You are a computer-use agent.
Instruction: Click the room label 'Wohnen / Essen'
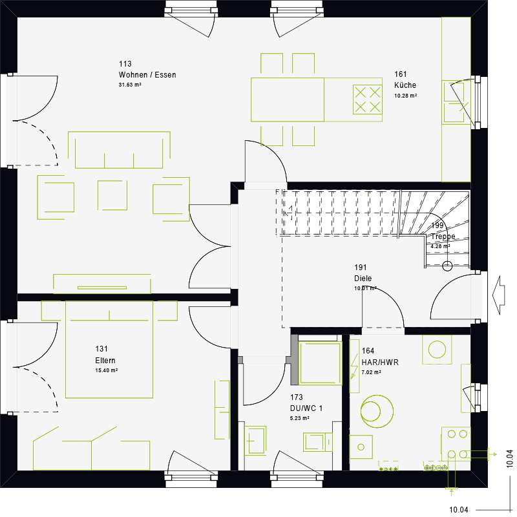[x=147, y=75]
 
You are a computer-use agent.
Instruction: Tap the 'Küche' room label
[x=405, y=85]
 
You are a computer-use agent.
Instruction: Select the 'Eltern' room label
[x=105, y=361]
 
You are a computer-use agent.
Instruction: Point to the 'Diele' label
[x=363, y=279]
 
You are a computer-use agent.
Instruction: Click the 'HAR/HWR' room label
[x=380, y=363]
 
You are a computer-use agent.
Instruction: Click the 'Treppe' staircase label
[x=443, y=237]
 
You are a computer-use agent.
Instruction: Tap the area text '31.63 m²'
[x=130, y=85]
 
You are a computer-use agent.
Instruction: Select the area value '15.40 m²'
[x=106, y=371]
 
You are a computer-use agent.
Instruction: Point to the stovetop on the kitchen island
[x=367, y=99]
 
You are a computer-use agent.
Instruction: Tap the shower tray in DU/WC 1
[x=320, y=363]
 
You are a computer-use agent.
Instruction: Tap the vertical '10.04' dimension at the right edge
[x=510, y=458]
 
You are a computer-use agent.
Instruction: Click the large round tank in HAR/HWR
[x=377, y=411]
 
